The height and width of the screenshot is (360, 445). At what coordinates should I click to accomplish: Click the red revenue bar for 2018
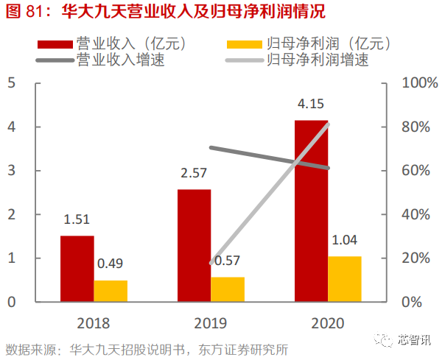77,269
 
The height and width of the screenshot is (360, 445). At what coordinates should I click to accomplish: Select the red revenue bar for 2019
194,245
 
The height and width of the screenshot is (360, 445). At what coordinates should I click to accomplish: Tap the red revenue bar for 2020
311,211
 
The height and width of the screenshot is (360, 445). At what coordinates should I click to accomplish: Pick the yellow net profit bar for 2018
111,291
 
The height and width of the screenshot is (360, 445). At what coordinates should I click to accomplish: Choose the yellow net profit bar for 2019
228,289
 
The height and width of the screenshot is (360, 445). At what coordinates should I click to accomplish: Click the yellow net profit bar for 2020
345,279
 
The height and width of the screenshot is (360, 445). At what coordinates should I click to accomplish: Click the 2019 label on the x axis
210,323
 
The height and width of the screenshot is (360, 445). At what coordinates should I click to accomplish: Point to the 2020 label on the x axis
327,323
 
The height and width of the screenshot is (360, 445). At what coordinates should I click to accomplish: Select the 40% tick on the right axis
417,215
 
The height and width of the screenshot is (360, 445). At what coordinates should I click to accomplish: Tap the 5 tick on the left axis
11,83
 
